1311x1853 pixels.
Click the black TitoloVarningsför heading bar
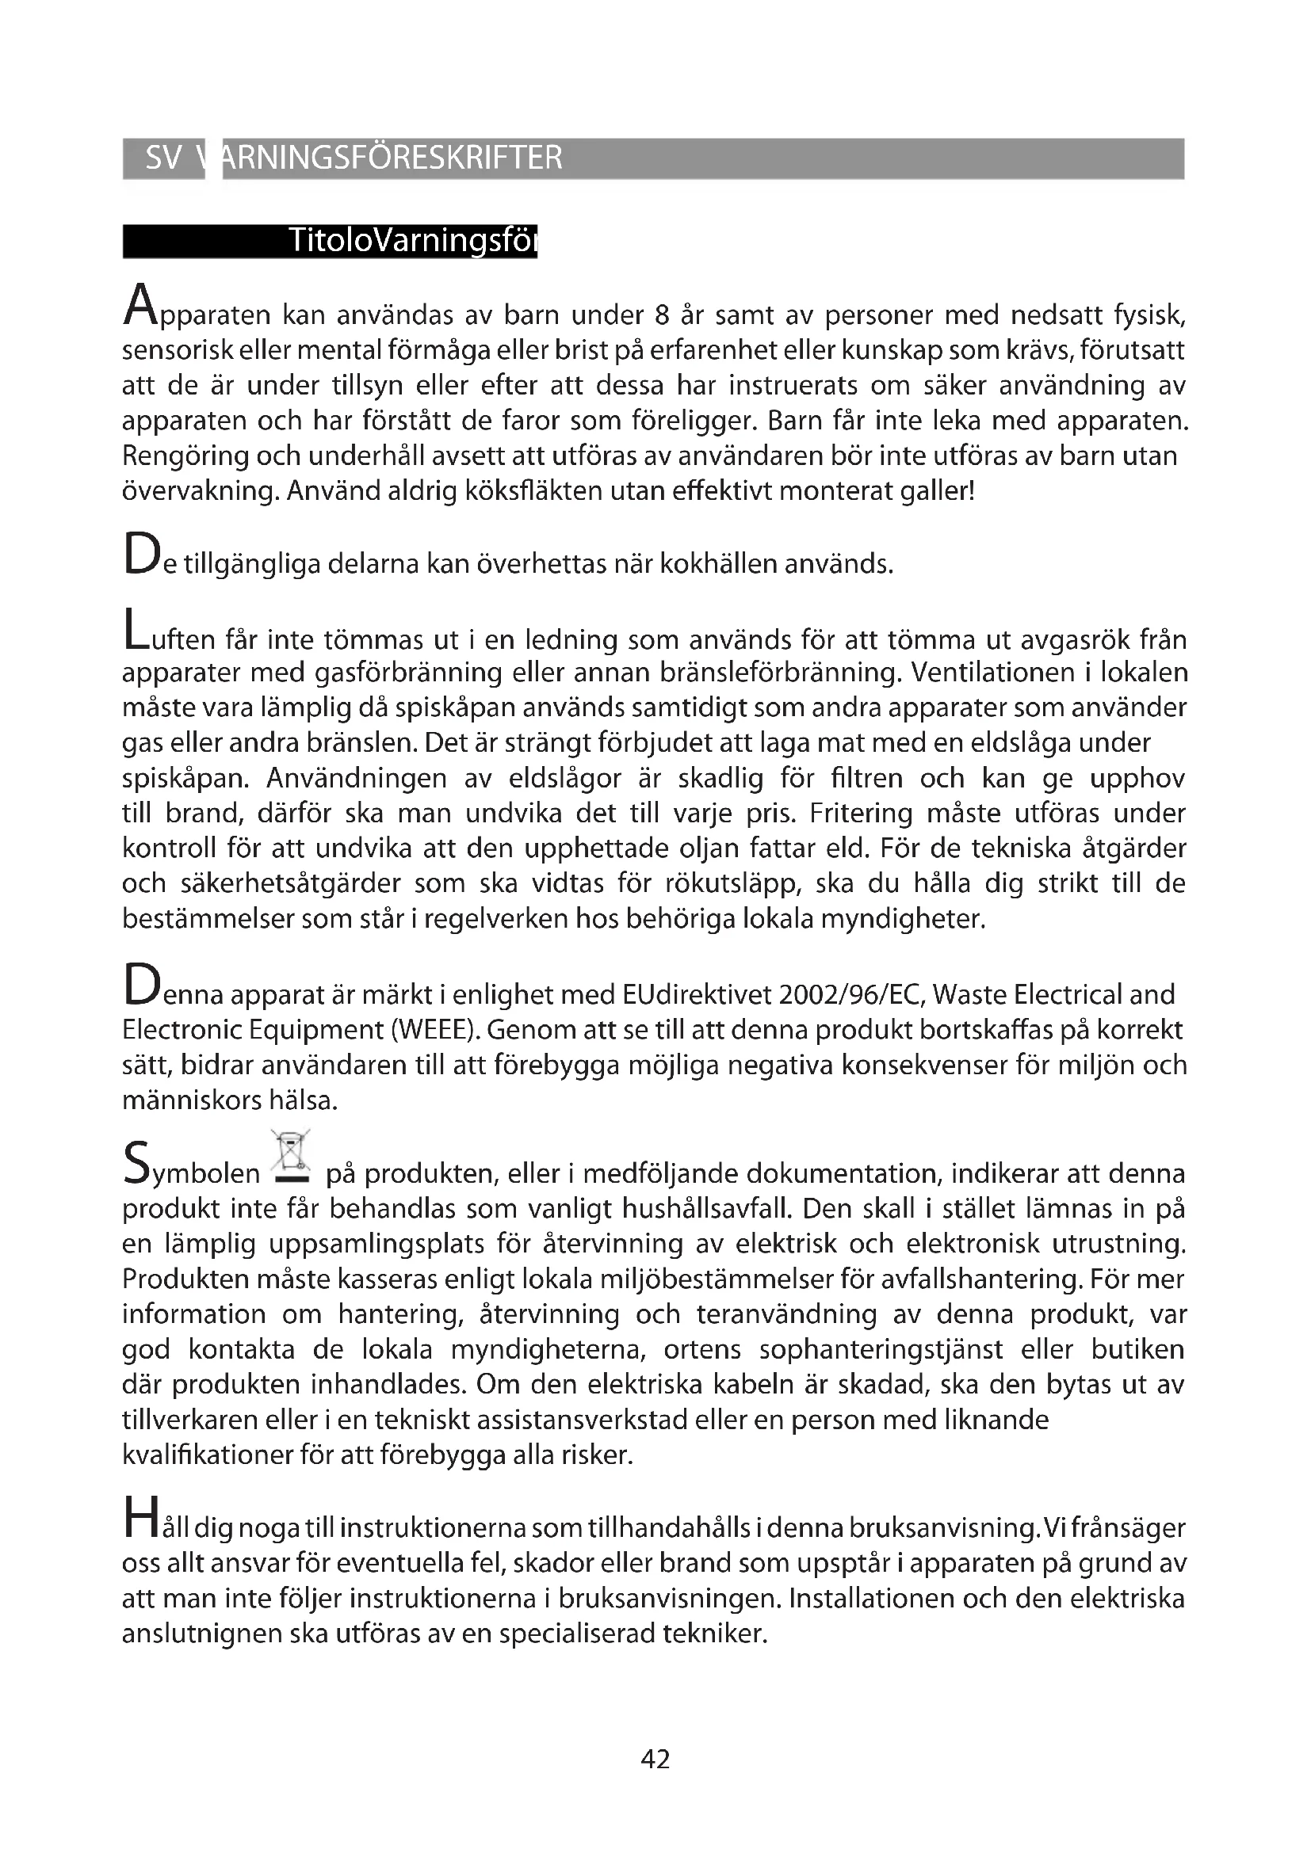[330, 242]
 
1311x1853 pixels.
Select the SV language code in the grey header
[162, 158]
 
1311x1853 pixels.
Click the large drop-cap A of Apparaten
[139, 305]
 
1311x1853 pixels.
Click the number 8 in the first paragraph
[662, 315]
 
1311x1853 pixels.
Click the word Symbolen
[193, 1170]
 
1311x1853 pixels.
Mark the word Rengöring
[185, 456]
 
